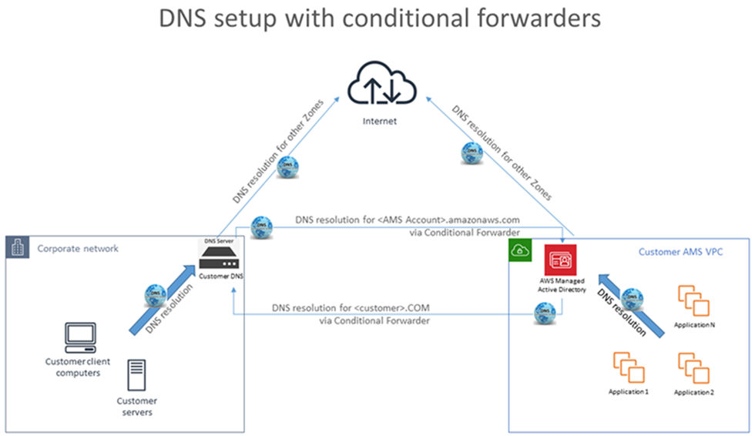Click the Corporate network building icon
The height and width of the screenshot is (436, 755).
(x=18, y=248)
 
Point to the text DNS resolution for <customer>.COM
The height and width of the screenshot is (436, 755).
(x=350, y=308)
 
